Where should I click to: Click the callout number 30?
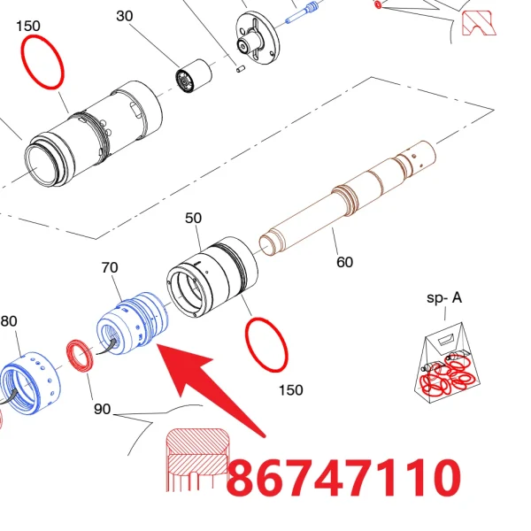point(124,16)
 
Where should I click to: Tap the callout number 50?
point(193,218)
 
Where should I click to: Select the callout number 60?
point(345,262)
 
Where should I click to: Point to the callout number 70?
point(110,267)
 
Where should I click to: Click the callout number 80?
point(9,321)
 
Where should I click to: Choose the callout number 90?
point(103,409)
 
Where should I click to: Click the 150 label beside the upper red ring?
point(28,26)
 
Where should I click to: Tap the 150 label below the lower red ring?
point(291,390)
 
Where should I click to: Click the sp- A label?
point(444,298)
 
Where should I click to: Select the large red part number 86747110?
point(344,478)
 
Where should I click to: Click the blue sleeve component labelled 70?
point(133,322)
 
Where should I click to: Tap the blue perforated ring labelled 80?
point(30,382)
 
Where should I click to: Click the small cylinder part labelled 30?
point(194,76)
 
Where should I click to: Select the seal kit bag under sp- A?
point(447,363)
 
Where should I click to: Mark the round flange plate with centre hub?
point(258,38)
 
